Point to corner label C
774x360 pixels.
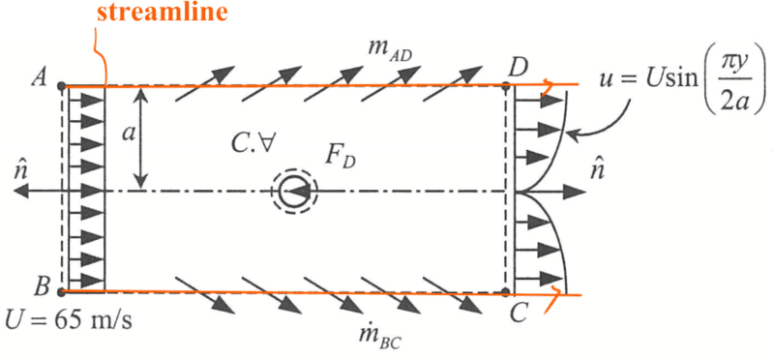tap(520, 314)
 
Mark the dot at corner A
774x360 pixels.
tap(61, 86)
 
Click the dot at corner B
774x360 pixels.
tap(61, 292)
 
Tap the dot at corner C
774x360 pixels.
tap(505, 293)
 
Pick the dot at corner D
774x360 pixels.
tap(505, 86)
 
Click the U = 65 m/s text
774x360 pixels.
tap(68, 322)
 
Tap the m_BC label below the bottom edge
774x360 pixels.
tap(380, 337)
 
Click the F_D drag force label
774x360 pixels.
tap(341, 157)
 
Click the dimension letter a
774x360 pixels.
tap(129, 134)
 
